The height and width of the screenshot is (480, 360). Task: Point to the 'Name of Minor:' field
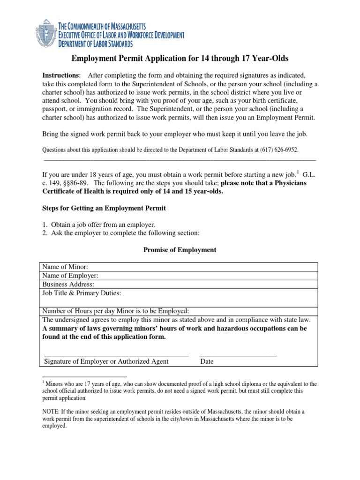[x=178, y=267]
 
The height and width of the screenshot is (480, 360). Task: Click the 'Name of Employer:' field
[x=178, y=276]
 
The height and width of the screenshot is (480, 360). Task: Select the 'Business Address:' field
[x=178, y=284]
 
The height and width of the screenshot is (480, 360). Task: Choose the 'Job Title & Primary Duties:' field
[x=178, y=297]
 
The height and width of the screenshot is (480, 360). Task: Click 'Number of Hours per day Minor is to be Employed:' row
[x=178, y=311]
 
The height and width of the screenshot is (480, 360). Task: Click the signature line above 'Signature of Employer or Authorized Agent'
[x=116, y=355]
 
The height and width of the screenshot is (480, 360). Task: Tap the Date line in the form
[x=238, y=355]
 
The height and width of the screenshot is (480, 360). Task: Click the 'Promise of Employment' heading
[x=180, y=250]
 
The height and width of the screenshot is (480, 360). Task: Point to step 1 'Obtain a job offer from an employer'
[x=98, y=225]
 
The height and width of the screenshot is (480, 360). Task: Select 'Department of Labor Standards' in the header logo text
[x=95, y=44]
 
